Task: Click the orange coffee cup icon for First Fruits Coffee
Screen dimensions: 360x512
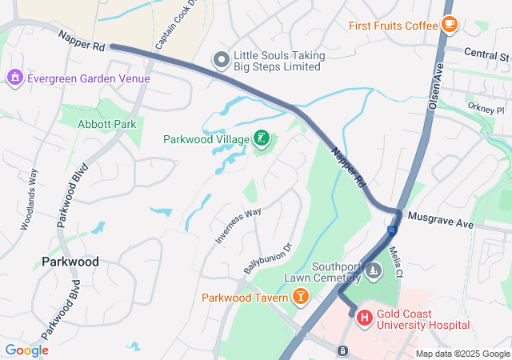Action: coord(449,25)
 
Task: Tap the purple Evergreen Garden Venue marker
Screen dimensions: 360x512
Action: coord(14,78)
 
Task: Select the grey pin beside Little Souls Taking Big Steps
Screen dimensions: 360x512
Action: coord(221,60)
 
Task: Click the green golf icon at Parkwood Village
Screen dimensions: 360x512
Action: coord(261,139)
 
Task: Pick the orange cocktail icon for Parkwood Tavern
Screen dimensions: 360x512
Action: coord(300,298)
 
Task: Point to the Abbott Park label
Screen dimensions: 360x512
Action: coord(106,124)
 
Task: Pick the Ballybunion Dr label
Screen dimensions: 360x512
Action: coord(268,258)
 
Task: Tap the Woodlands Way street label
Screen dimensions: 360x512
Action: coord(29,199)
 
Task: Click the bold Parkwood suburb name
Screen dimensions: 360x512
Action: coord(70,262)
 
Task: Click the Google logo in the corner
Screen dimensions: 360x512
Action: coord(26,350)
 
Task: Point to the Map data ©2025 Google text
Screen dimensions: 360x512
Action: coord(462,354)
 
